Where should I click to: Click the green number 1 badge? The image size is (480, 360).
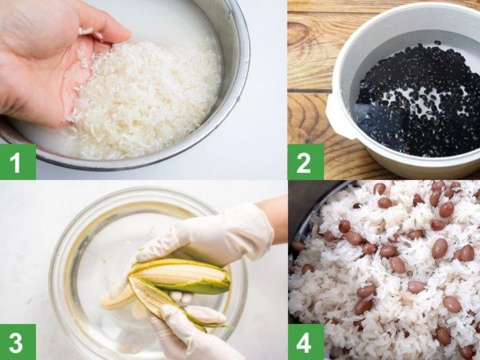coord(18,161)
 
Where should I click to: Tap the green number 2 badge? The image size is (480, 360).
coord(305,161)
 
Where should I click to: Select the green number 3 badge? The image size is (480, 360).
coord(18,342)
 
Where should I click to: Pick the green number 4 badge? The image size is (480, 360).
coord(305,342)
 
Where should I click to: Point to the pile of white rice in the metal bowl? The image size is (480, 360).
coord(147,101)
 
